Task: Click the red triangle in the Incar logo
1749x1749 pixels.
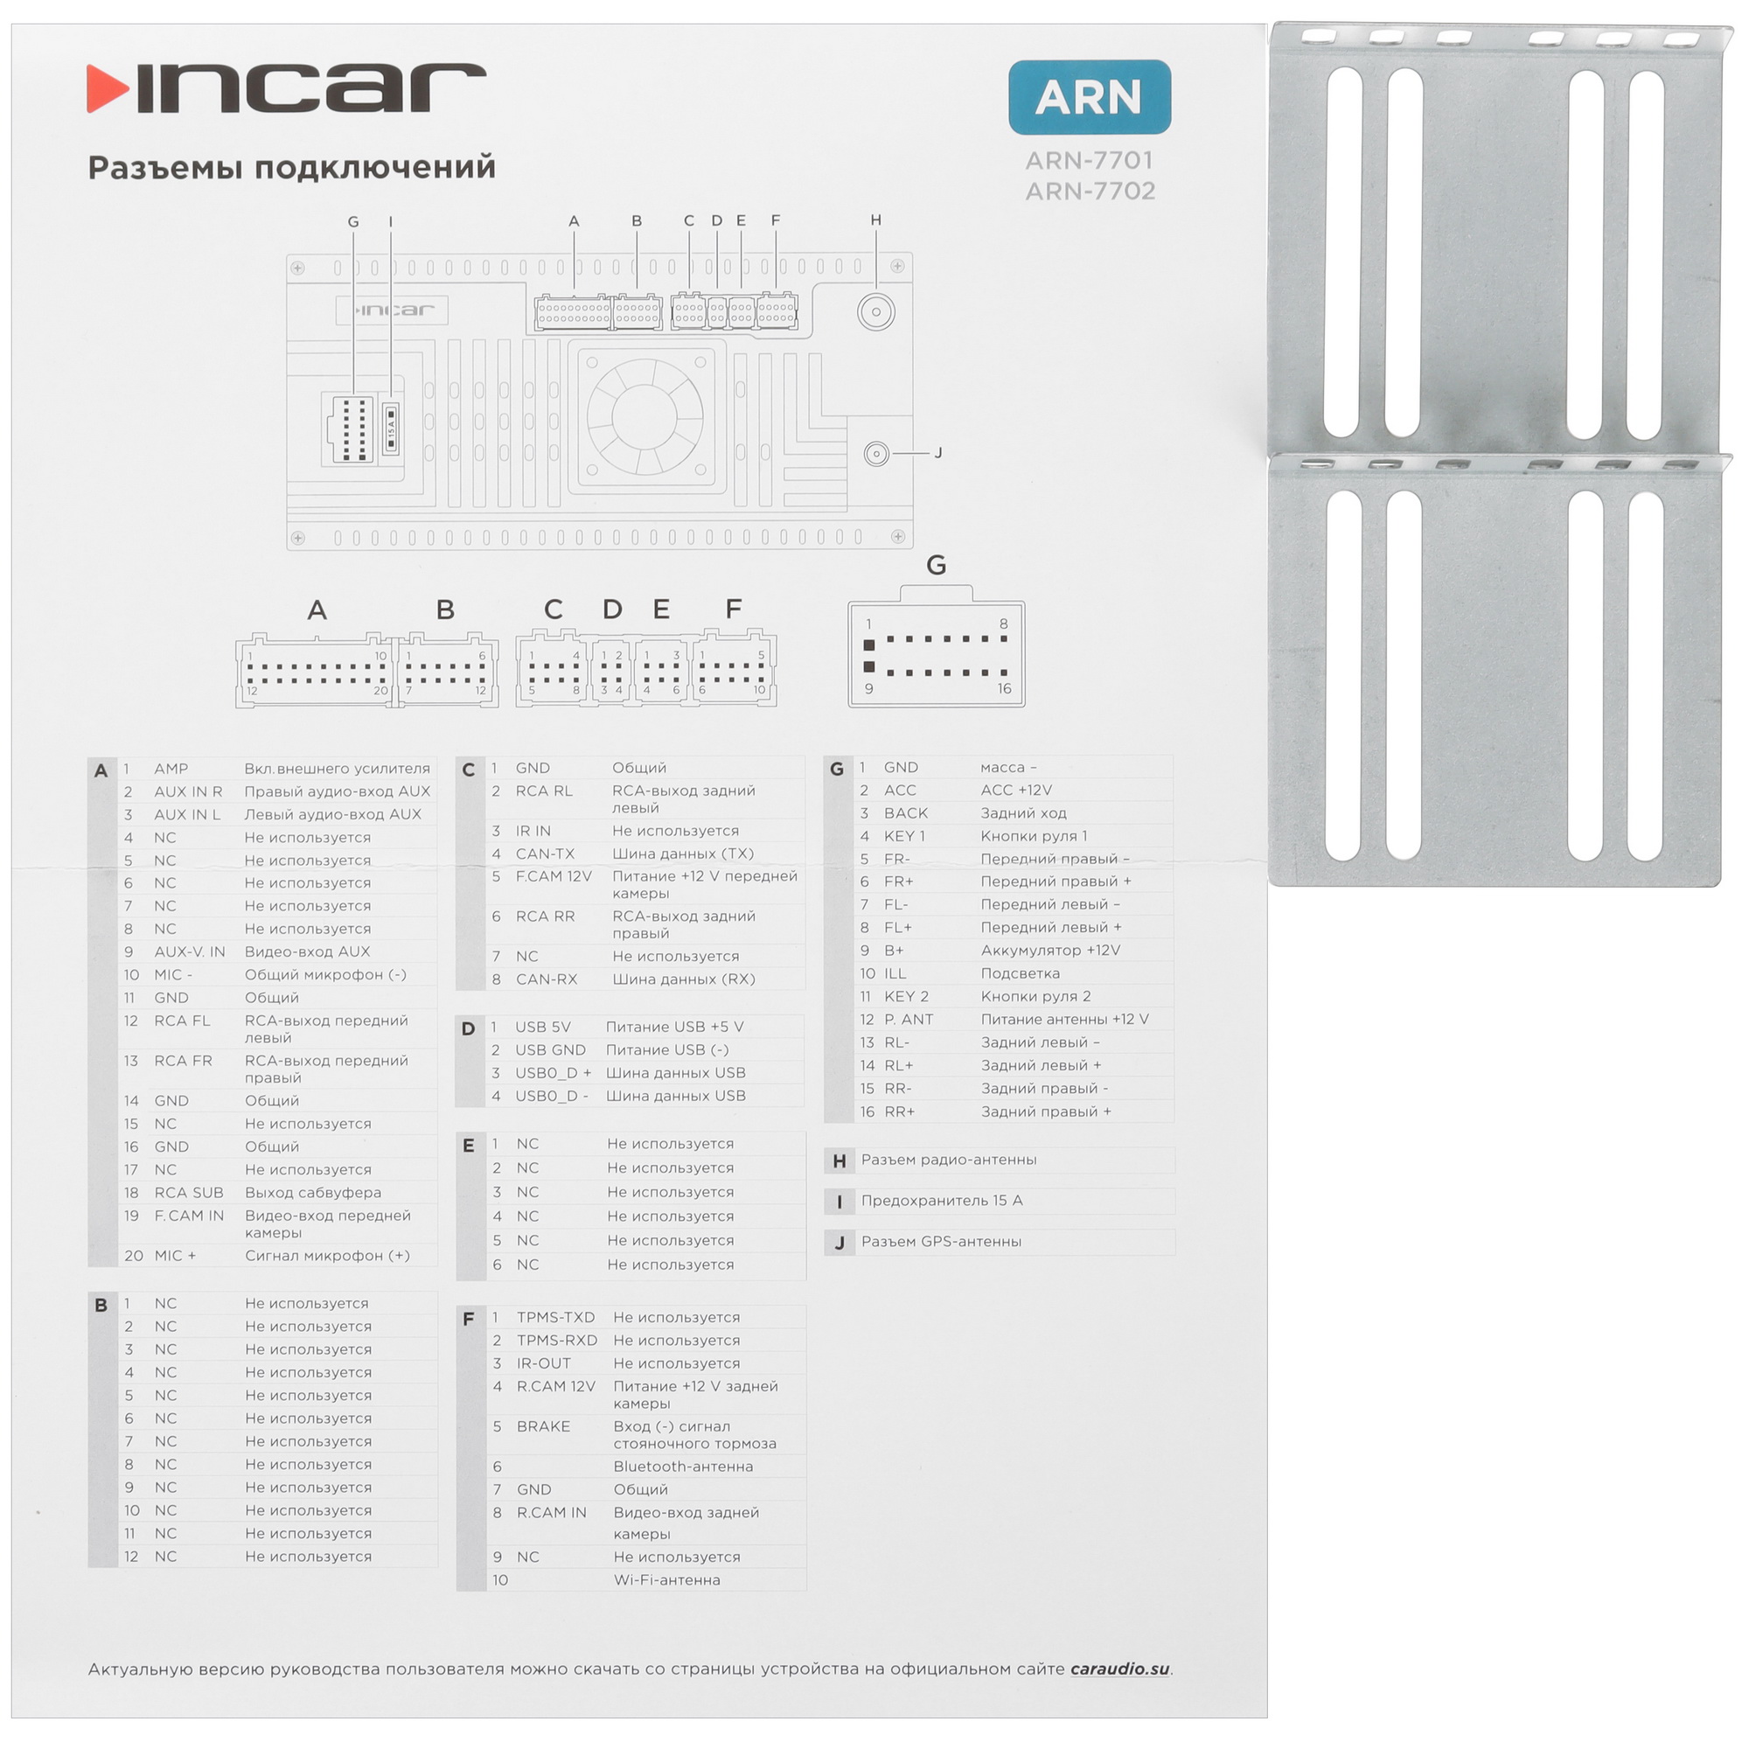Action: click(x=107, y=88)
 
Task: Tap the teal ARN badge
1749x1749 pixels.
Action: click(x=1089, y=97)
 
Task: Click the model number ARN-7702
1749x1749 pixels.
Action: click(x=1090, y=191)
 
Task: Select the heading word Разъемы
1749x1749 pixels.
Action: click(x=164, y=168)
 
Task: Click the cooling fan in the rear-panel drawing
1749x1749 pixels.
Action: click(x=645, y=416)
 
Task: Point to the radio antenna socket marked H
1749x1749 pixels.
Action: click(x=875, y=312)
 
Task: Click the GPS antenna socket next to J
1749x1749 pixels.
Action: click(x=876, y=454)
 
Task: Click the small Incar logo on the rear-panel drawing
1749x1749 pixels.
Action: click(x=392, y=310)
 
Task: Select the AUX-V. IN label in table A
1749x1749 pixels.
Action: click(x=189, y=951)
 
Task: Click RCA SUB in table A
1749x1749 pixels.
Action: click(x=188, y=1192)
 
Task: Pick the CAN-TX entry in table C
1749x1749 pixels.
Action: click(x=545, y=854)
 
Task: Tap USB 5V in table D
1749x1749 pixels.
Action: click(x=542, y=1027)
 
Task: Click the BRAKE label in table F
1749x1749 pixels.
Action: click(x=543, y=1425)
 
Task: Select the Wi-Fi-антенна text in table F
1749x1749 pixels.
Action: click(x=666, y=1579)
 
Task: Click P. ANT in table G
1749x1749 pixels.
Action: click(x=908, y=1020)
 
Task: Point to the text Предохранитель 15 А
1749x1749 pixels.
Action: click(x=942, y=1201)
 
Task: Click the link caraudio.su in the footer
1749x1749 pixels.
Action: click(x=1120, y=1669)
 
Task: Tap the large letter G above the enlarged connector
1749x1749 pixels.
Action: click(x=936, y=566)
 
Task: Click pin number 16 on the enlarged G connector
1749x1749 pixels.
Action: click(x=1004, y=689)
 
